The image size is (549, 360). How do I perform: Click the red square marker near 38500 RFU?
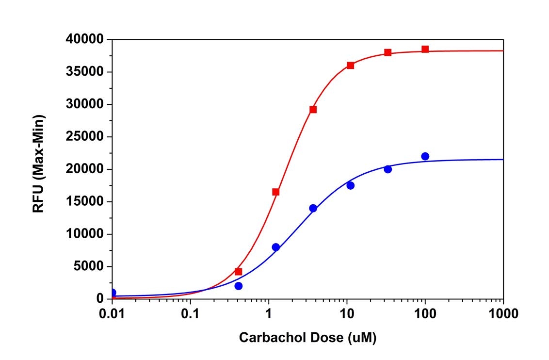click(x=425, y=49)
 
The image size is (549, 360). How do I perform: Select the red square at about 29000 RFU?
click(x=313, y=109)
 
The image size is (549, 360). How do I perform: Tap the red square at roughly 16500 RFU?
click(x=275, y=192)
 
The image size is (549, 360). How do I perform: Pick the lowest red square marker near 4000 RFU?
click(x=238, y=272)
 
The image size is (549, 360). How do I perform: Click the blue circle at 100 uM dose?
click(x=425, y=156)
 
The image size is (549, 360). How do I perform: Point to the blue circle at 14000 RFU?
click(x=313, y=208)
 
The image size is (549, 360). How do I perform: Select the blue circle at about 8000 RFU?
click(x=275, y=247)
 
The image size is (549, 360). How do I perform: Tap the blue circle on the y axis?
click(x=113, y=293)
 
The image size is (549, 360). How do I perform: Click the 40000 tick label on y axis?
click(x=85, y=39)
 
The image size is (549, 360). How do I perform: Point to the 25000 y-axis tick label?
click(x=85, y=137)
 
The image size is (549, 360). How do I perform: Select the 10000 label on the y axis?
click(x=85, y=234)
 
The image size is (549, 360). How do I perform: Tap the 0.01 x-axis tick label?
click(x=113, y=314)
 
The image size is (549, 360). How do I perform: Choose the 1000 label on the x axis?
click(x=503, y=314)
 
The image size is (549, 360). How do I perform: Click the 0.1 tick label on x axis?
click(x=191, y=314)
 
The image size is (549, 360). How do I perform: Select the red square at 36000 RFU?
click(x=350, y=65)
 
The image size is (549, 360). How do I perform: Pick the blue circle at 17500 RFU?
click(x=350, y=185)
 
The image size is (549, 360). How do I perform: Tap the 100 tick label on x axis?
click(x=425, y=314)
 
